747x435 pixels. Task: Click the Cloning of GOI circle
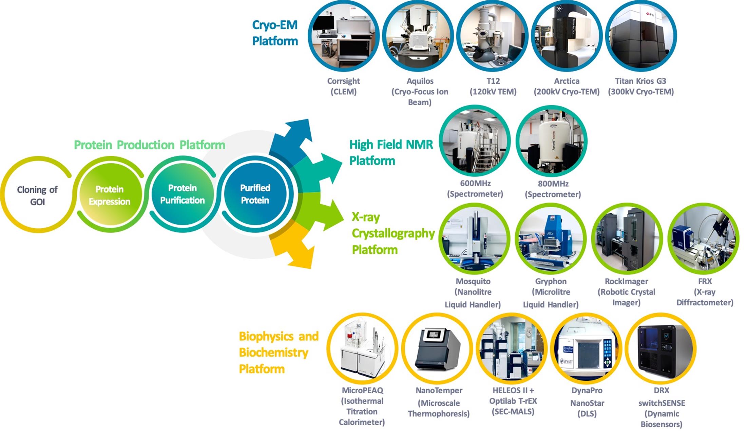[37, 195]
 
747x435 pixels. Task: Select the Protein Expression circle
[109, 195]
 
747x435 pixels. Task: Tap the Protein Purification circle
[182, 194]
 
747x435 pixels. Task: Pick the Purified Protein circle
[255, 194]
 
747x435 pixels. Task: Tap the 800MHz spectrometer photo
[552, 141]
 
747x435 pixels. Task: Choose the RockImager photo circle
[626, 239]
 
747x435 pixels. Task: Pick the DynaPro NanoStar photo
[586, 349]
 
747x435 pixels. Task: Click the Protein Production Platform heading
[150, 145]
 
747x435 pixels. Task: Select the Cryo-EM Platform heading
[275, 33]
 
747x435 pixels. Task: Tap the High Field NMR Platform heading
[391, 152]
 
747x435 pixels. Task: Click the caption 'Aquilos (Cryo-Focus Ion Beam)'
[420, 92]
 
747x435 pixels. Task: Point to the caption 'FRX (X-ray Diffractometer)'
[705, 292]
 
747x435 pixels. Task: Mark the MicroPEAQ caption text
[362, 406]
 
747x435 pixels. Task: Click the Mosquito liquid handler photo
[474, 239]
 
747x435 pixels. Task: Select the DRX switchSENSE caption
[661, 407]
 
